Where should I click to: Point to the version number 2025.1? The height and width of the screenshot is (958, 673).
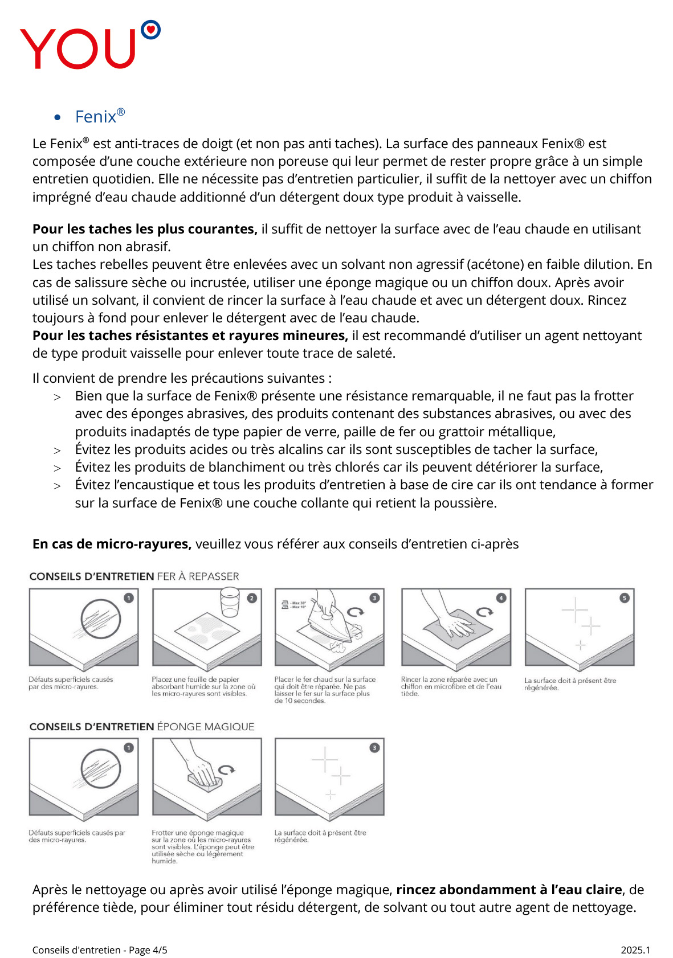(x=635, y=950)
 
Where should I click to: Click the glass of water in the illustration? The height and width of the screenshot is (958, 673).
(x=230, y=603)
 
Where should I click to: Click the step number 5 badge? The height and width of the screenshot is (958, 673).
(x=625, y=598)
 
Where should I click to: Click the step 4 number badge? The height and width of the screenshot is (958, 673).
(x=501, y=598)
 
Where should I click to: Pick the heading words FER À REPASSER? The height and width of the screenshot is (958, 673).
(x=198, y=576)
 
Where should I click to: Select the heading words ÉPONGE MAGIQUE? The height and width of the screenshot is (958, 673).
(x=206, y=727)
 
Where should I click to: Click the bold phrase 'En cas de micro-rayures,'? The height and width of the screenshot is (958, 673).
(x=112, y=544)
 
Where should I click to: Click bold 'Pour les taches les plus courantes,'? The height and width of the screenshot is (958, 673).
(x=145, y=229)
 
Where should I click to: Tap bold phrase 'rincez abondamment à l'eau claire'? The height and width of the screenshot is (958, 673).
(x=509, y=890)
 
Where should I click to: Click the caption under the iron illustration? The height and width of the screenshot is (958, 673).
(x=324, y=690)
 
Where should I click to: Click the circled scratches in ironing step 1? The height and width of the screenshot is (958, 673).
(x=100, y=619)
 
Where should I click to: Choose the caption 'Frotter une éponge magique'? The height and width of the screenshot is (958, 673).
(x=198, y=833)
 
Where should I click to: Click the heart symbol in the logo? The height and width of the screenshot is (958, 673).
(x=150, y=28)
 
